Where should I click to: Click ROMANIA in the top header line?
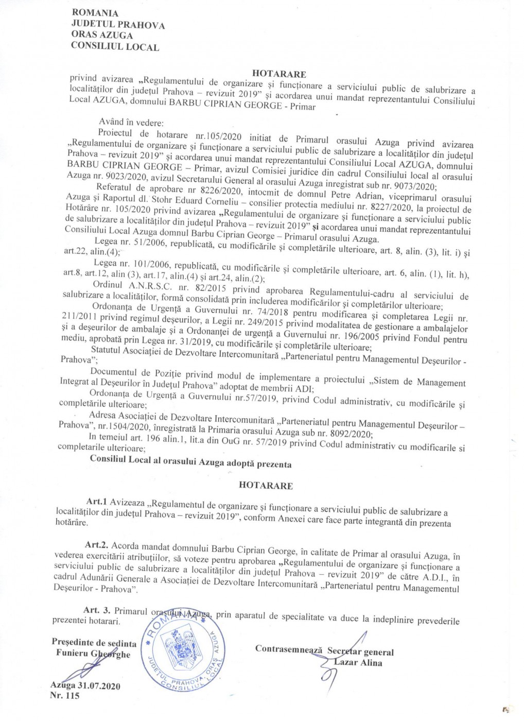(95, 13)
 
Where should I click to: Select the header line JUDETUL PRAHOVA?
(118, 24)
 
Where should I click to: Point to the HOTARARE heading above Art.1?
(266, 485)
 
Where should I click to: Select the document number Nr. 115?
(65, 697)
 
